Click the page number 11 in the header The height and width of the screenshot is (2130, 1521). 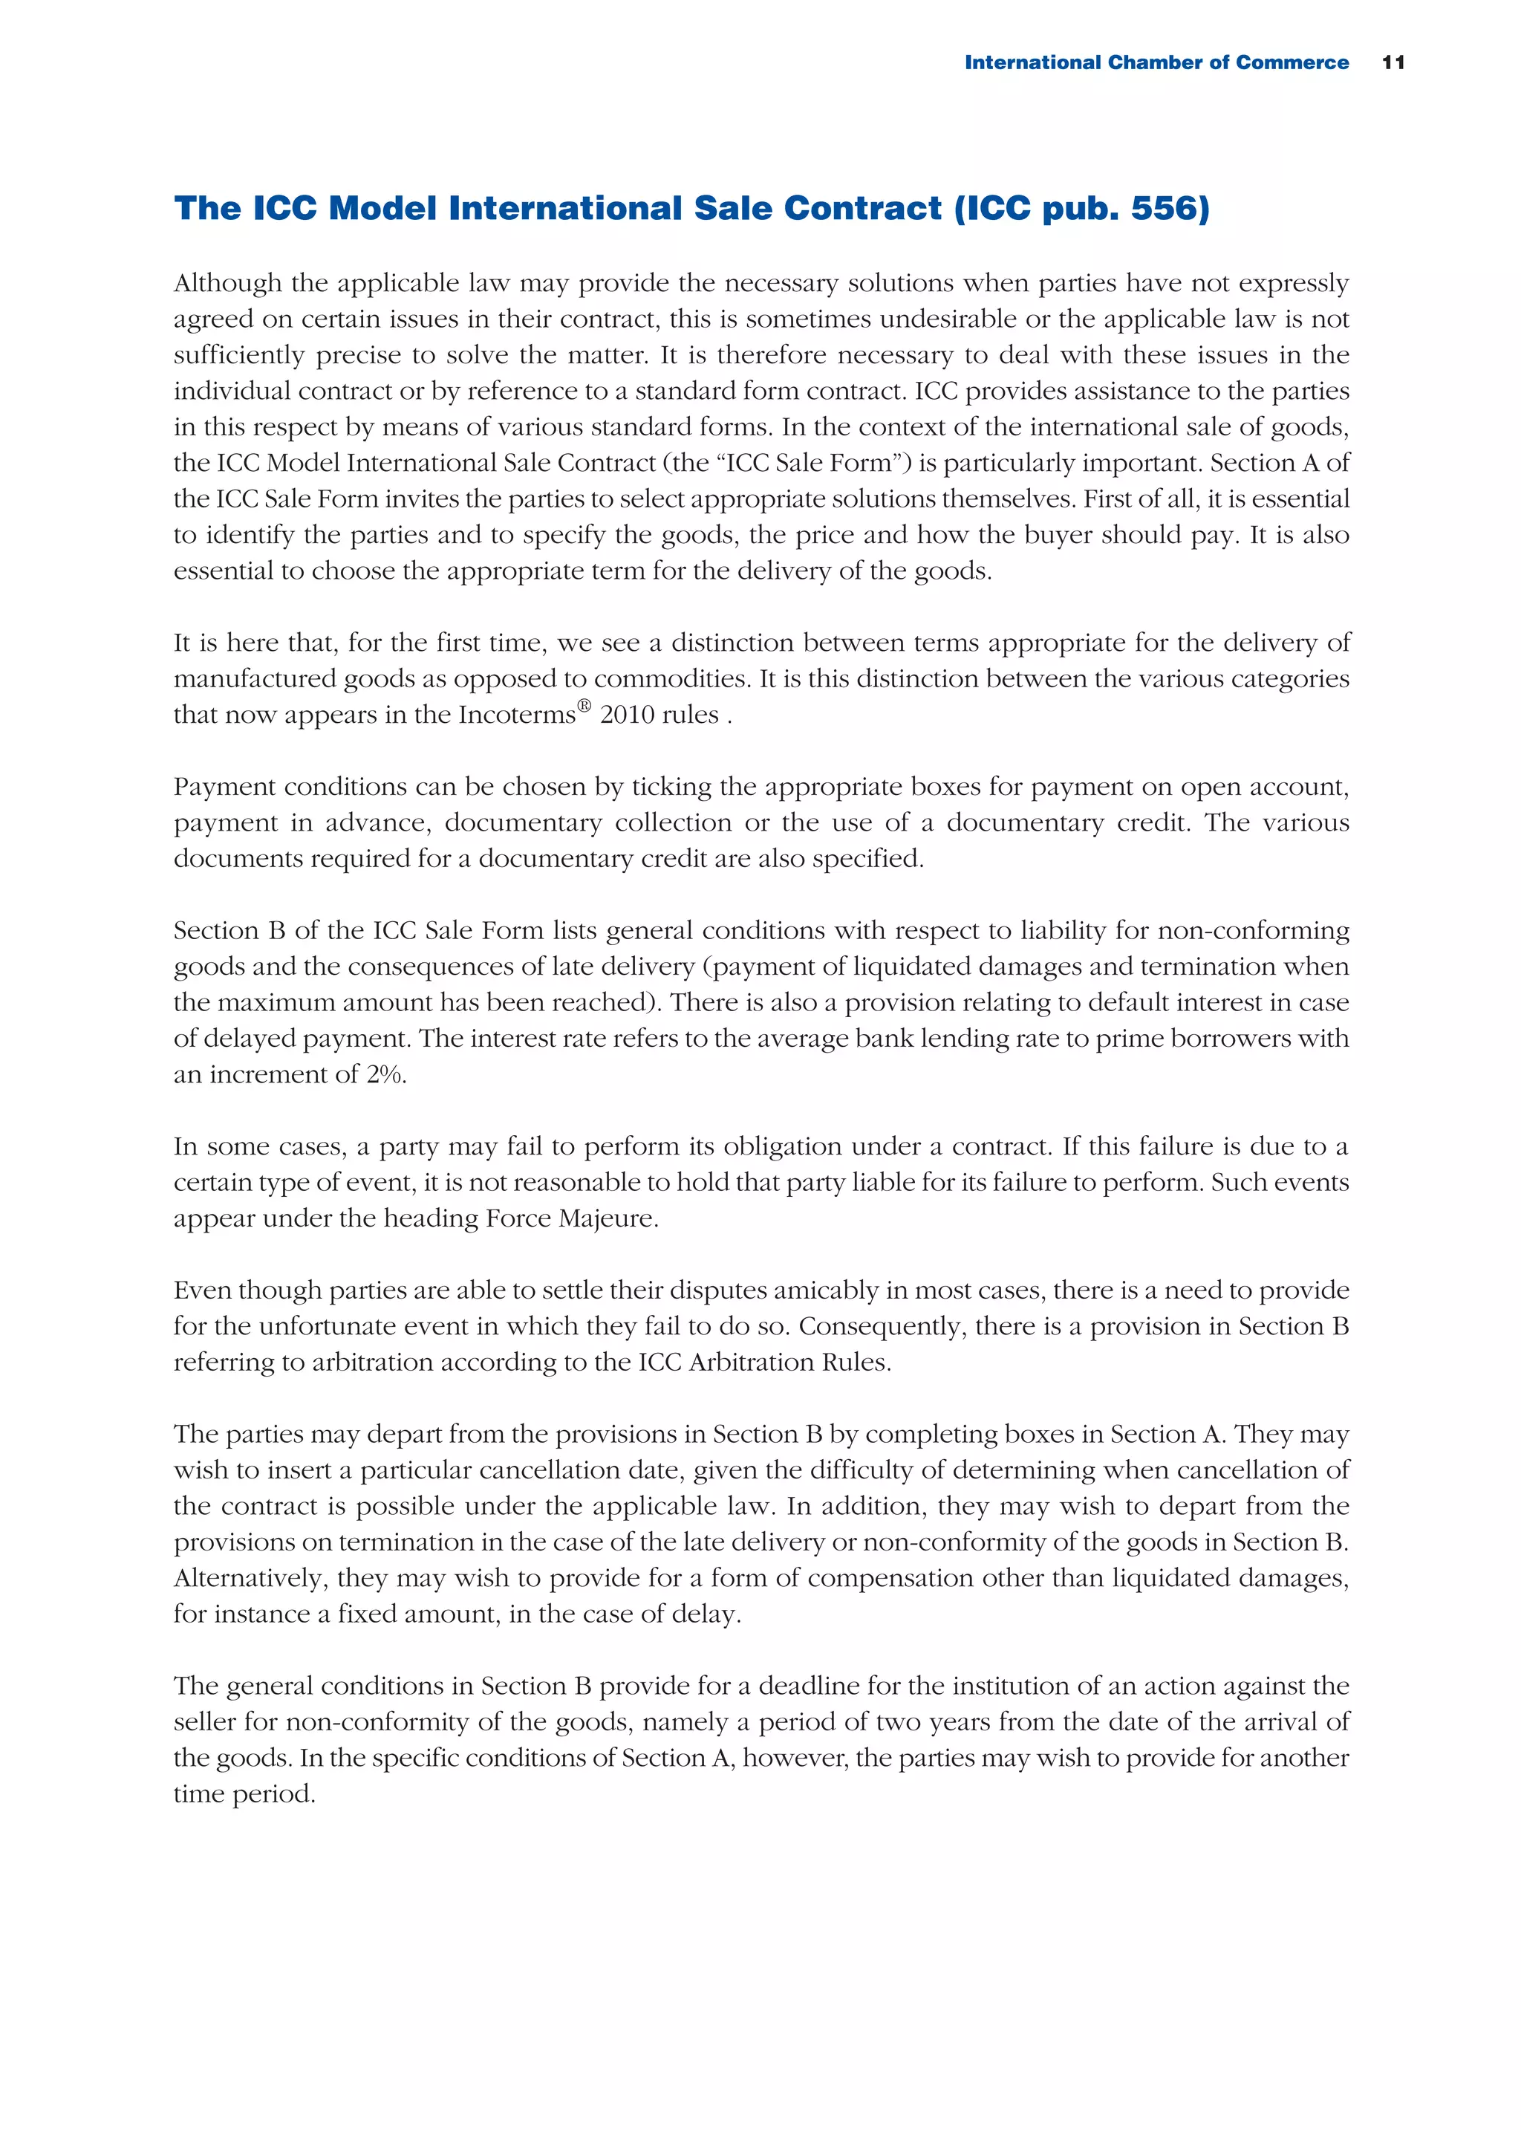pos(1393,62)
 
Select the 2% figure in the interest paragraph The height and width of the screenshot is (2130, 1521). pos(385,1074)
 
